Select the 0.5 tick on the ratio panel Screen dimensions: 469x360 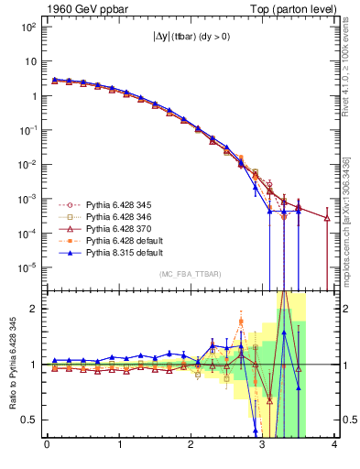coord(32,420)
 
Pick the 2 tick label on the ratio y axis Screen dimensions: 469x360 coord(37,309)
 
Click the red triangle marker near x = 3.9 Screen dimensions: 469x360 coord(327,218)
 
